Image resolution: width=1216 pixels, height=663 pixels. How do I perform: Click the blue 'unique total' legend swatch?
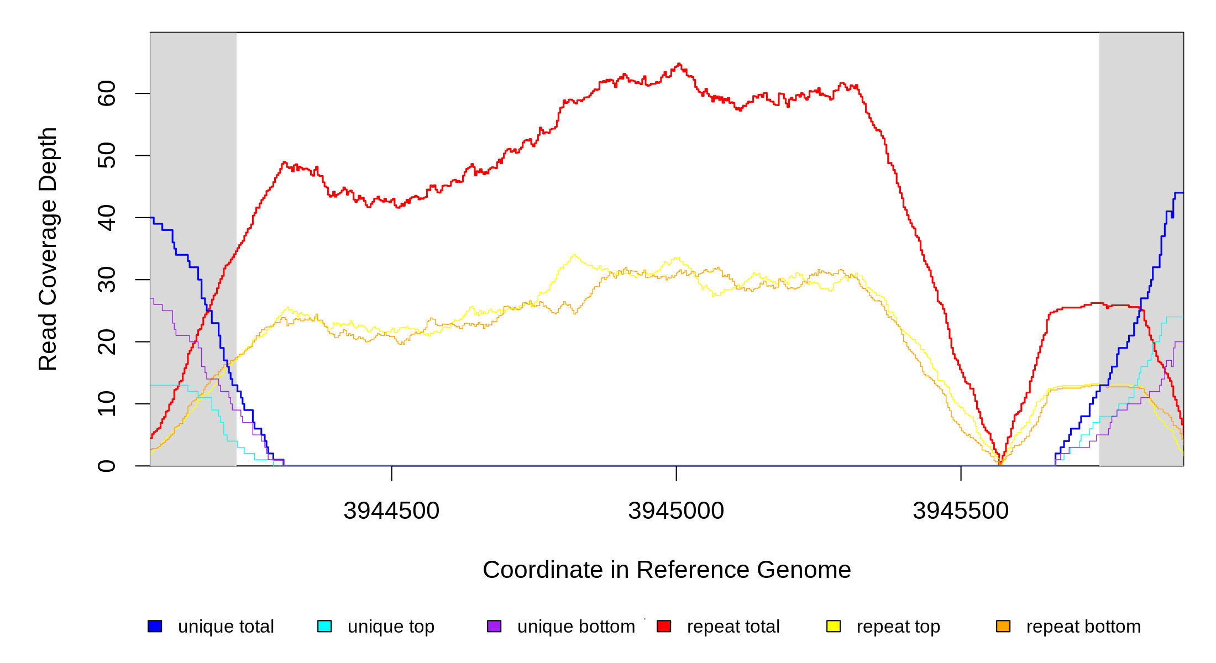pyautogui.click(x=155, y=626)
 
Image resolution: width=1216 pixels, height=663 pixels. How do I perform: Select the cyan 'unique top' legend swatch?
pyautogui.click(x=324, y=626)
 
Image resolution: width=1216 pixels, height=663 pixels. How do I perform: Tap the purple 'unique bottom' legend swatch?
pyautogui.click(x=494, y=626)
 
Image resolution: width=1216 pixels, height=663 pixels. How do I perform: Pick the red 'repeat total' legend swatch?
pyautogui.click(x=664, y=626)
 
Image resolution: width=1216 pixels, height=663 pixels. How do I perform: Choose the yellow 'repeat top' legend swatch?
pyautogui.click(x=834, y=626)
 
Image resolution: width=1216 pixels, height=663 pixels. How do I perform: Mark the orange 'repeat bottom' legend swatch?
pyautogui.click(x=1003, y=626)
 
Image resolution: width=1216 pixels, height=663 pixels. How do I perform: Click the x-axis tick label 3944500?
pyautogui.click(x=391, y=511)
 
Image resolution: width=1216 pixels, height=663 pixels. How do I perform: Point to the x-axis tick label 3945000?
pyautogui.click(x=676, y=511)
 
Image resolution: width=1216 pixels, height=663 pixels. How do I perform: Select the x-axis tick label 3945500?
pyautogui.click(x=961, y=511)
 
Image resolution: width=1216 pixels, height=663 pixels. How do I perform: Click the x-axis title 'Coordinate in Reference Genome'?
pyautogui.click(x=667, y=570)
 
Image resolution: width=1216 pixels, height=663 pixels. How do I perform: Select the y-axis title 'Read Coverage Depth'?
pyautogui.click(x=48, y=249)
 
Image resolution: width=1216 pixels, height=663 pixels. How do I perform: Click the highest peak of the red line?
pyautogui.click(x=679, y=64)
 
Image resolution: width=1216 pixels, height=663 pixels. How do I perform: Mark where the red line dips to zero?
pyautogui.click(x=1000, y=464)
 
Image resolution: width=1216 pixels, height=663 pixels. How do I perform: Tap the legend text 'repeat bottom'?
pyautogui.click(x=1083, y=627)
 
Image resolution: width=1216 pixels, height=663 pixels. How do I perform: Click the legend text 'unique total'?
pyautogui.click(x=226, y=627)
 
